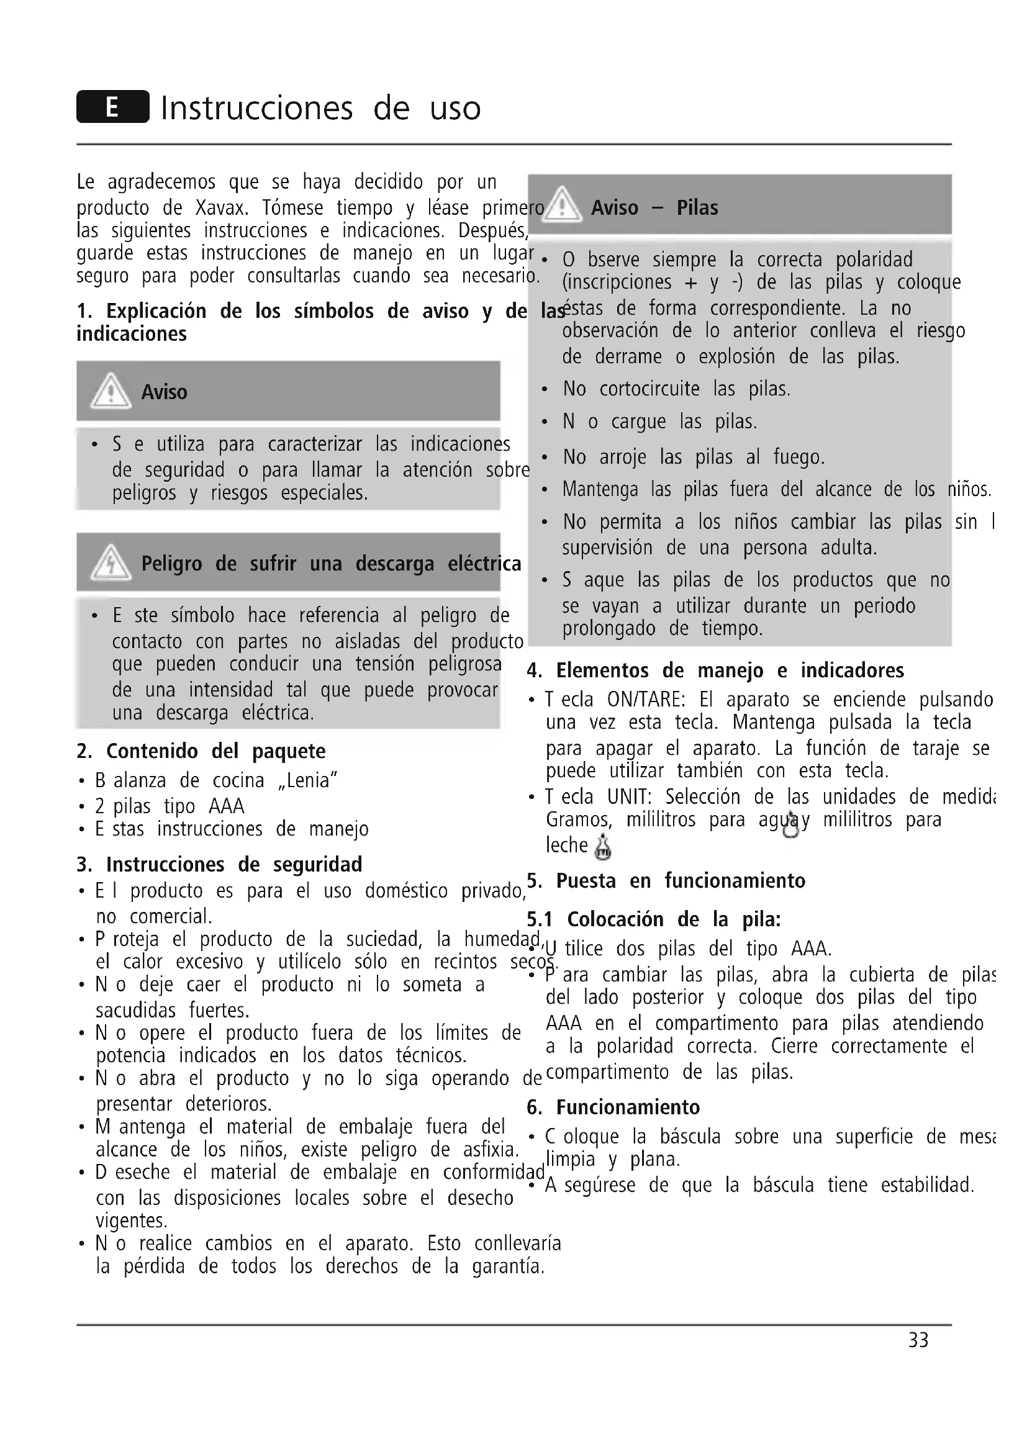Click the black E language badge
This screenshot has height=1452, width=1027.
tap(112, 106)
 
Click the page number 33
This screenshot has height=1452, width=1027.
tap(918, 1340)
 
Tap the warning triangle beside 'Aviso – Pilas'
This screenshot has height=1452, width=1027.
tap(561, 205)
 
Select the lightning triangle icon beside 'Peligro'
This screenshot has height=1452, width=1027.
tap(111, 562)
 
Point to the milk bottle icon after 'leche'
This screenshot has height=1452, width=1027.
tap(604, 847)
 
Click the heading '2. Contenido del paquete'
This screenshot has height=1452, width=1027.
tap(201, 751)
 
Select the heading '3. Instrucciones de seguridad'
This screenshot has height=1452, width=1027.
tap(219, 865)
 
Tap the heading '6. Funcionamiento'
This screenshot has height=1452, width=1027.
tap(613, 1107)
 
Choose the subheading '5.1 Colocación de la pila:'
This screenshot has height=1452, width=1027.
tap(654, 919)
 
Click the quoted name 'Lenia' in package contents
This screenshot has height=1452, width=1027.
tap(307, 780)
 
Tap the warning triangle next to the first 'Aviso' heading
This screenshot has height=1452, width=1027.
tap(111, 391)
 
